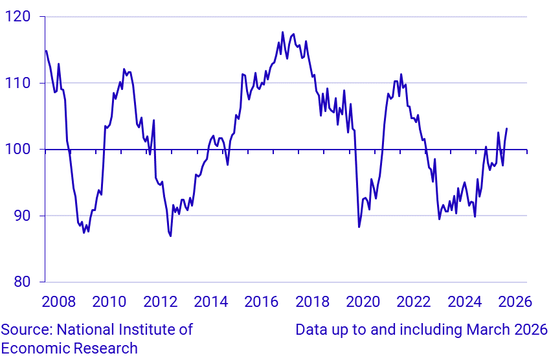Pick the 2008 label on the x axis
click(59, 302)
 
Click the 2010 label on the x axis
click(109, 302)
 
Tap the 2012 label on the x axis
click(160, 302)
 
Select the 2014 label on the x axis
click(211, 302)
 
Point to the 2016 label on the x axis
click(262, 302)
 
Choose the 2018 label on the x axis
click(312, 302)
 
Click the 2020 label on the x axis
click(363, 302)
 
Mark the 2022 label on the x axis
click(414, 302)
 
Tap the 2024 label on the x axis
click(464, 302)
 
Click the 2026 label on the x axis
click(515, 302)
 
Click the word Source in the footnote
click(23, 330)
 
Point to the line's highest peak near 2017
click(282, 32)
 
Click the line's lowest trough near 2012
click(170, 236)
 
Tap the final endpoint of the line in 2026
click(506, 128)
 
